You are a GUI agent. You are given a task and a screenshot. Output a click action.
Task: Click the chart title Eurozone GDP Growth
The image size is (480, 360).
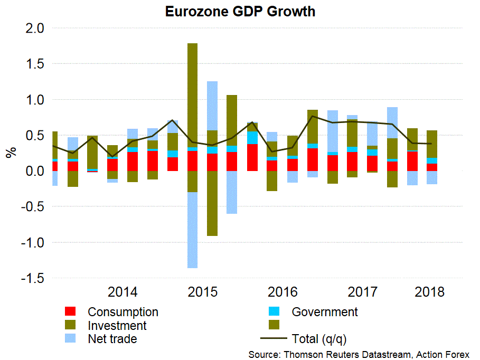pos(240,11)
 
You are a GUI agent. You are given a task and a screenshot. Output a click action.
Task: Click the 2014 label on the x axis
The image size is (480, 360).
pos(123,292)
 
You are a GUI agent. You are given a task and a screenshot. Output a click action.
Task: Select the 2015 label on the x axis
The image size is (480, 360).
pos(203,292)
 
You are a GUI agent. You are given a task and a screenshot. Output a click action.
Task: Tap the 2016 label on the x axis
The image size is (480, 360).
pos(283,292)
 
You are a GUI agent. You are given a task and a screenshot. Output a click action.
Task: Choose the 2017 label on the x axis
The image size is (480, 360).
pos(363,292)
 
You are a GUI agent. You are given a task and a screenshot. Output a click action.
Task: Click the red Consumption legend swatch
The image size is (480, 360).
pos(71,312)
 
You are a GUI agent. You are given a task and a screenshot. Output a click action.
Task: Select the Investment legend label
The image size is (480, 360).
pos(117,326)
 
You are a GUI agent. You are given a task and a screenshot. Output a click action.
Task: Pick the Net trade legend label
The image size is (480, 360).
pos(112,339)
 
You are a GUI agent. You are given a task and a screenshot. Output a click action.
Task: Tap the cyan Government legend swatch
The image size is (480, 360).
pos(275,312)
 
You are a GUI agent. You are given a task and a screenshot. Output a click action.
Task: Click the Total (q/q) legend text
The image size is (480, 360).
pos(319,339)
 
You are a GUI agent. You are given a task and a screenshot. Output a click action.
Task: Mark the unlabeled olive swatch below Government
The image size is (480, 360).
pos(275,324)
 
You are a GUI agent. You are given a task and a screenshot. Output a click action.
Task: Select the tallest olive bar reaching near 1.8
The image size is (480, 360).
pos(192,95)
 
